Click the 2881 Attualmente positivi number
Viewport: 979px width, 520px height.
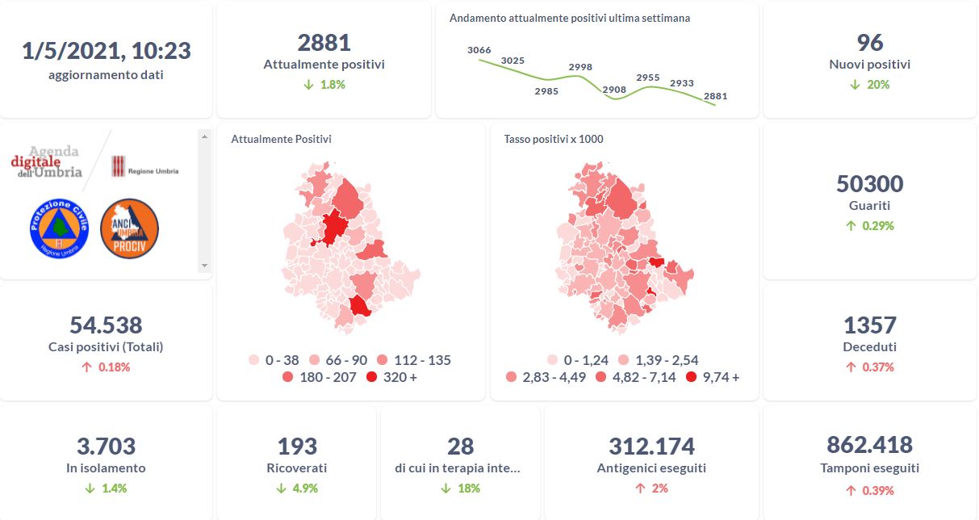tap(324, 43)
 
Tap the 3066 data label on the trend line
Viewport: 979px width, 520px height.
tap(479, 50)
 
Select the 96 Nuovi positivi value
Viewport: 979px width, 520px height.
tap(869, 43)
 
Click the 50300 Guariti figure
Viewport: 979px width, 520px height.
tap(869, 184)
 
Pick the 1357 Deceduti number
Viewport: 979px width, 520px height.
tap(869, 325)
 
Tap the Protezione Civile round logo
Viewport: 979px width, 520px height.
tap(57, 229)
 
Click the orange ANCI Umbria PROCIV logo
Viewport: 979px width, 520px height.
tap(129, 229)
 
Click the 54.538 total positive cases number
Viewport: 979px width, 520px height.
tap(106, 325)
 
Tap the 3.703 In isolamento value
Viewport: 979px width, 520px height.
tap(106, 446)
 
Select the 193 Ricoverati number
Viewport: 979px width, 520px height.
tap(296, 446)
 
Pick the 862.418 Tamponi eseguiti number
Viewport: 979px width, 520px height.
tap(869, 445)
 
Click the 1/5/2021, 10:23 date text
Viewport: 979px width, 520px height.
tap(106, 51)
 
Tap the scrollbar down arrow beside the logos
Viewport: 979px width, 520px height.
tap(204, 265)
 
